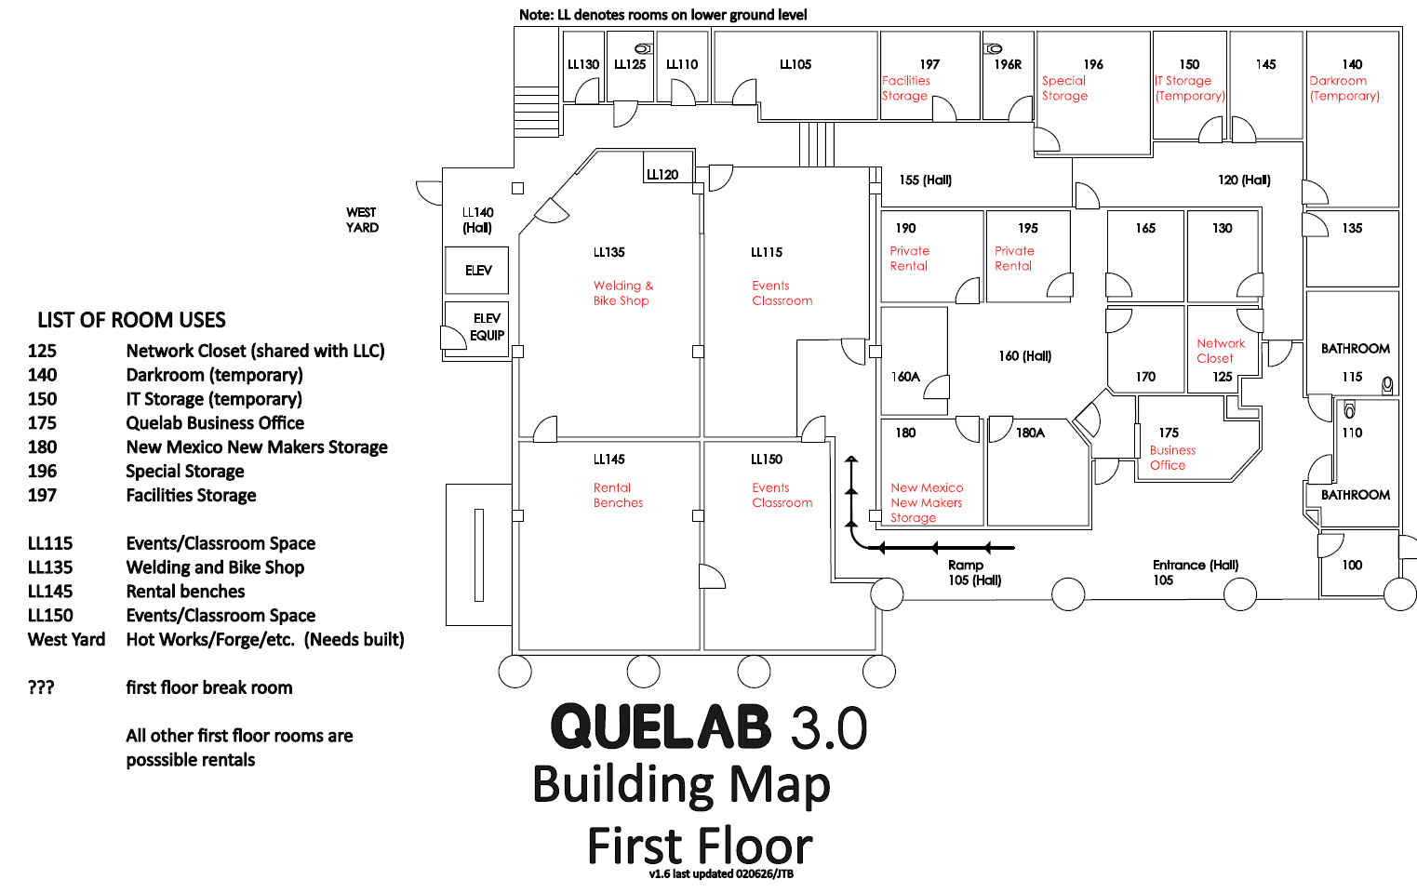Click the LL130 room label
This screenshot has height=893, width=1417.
click(x=583, y=64)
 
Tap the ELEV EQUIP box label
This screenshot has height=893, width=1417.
click(x=487, y=327)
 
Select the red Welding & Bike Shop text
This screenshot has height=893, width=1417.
click(x=623, y=293)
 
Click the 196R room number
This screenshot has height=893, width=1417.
click(x=1008, y=64)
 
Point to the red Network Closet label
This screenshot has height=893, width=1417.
click(x=1220, y=351)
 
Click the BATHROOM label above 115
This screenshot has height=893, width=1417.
click(x=1355, y=349)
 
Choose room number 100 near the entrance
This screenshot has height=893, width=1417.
click(x=1352, y=565)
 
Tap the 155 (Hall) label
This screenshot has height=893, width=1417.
click(x=925, y=180)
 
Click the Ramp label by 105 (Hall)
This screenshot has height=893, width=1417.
click(x=966, y=565)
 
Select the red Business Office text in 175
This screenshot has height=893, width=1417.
click(x=1172, y=458)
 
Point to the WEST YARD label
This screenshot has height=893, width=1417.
click(x=362, y=220)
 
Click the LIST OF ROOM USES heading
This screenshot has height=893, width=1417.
click(x=131, y=320)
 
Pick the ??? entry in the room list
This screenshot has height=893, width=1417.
click(x=41, y=687)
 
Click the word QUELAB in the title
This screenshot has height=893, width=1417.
click(x=661, y=726)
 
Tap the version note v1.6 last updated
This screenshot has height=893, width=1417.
click(x=721, y=874)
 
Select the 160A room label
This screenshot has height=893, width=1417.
click(x=905, y=377)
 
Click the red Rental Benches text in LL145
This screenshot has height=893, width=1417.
click(x=618, y=495)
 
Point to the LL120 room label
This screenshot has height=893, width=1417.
click(x=662, y=174)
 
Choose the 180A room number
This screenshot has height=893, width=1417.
click(x=1030, y=433)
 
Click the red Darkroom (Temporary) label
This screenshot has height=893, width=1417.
click(x=1344, y=88)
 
